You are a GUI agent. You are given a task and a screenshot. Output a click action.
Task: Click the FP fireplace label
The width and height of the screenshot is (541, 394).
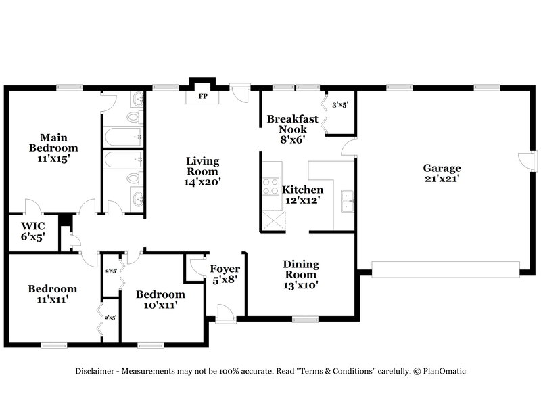pos(202,97)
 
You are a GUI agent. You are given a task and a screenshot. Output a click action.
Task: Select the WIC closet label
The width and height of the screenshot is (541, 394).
pos(32,226)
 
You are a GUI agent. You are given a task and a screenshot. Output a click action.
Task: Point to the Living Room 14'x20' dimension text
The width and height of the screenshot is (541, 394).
pos(203,182)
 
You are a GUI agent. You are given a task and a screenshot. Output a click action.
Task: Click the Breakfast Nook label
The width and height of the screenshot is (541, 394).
pos(291,124)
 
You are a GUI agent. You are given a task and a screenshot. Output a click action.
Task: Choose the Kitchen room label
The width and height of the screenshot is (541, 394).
pos(302,190)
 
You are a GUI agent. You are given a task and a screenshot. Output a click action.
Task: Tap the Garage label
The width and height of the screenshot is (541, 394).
pos(442,168)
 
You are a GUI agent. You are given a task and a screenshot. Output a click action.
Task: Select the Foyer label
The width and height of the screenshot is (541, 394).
pos(225,269)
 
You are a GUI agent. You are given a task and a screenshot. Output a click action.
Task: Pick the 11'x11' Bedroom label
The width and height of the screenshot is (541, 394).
pos(52,289)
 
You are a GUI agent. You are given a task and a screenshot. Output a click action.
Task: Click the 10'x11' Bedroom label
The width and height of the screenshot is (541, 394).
pos(160,294)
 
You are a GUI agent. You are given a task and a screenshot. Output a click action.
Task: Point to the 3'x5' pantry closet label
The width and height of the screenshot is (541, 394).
pos(339,104)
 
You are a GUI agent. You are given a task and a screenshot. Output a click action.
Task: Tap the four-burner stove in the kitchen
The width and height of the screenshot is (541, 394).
pos(270,185)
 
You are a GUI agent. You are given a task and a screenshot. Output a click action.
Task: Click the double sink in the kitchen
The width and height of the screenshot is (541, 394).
pos(348,197)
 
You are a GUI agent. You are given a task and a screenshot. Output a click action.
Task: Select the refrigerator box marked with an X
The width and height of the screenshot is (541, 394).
pos(274,221)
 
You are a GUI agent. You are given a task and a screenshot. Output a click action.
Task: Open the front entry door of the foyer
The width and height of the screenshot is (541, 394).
pos(225,312)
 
